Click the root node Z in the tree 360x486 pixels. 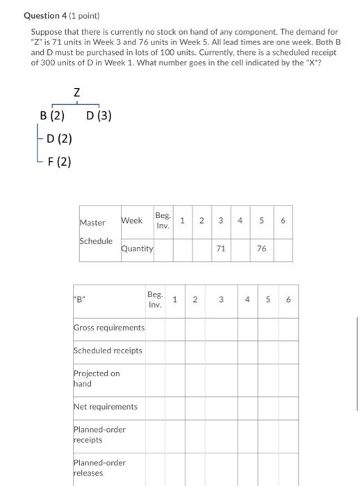[x=76, y=92]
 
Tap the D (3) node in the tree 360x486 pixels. [x=99, y=116]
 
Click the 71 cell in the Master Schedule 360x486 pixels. [x=220, y=249]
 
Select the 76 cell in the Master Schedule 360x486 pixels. [x=261, y=249]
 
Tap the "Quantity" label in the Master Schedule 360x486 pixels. [x=137, y=249]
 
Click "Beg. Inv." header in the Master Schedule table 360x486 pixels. [x=163, y=221]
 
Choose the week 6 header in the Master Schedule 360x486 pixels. [x=282, y=221]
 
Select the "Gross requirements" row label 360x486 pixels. [x=108, y=328]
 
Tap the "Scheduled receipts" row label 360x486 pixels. [x=108, y=351]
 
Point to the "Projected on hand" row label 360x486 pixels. [x=97, y=378]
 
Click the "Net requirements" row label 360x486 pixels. [x=105, y=407]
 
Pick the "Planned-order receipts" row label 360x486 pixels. [x=99, y=435]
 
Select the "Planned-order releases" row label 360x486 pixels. [x=99, y=468]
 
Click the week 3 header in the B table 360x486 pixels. [x=220, y=301]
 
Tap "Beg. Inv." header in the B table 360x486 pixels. [x=155, y=300]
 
